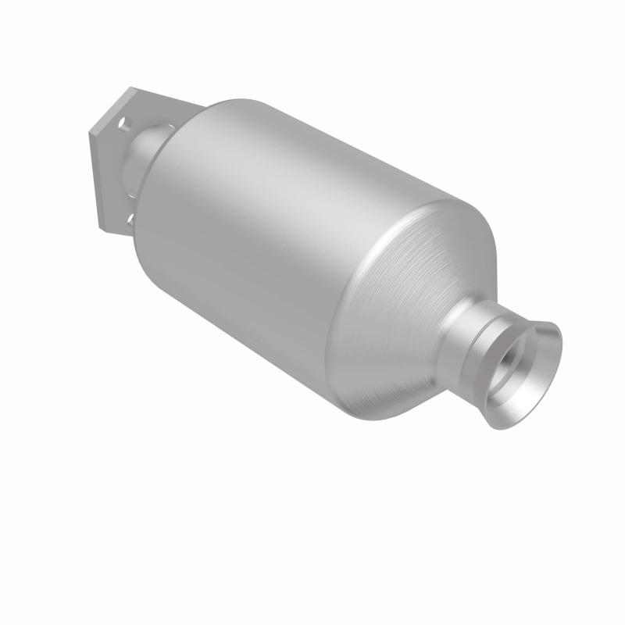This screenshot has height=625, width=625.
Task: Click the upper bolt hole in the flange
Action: (123, 123)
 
